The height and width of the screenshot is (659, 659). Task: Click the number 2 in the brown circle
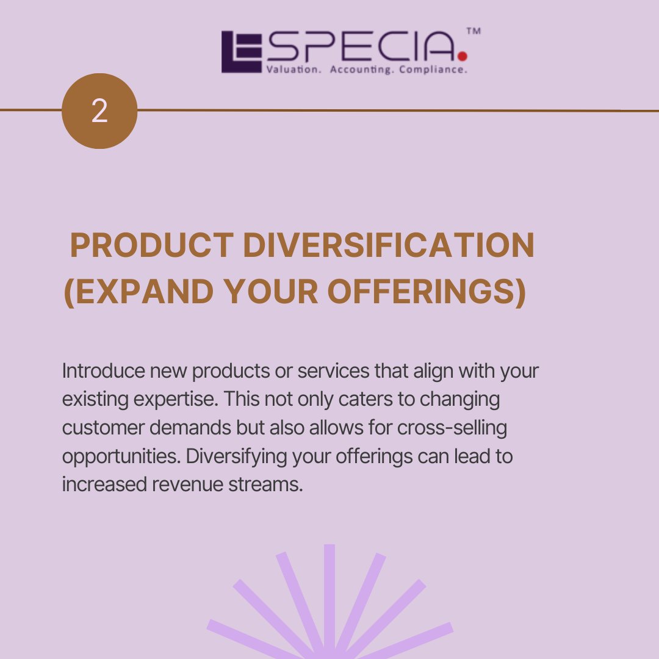[x=99, y=112]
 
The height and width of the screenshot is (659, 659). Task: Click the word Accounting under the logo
[x=362, y=70]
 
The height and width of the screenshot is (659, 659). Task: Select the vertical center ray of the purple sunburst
[x=329, y=598]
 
